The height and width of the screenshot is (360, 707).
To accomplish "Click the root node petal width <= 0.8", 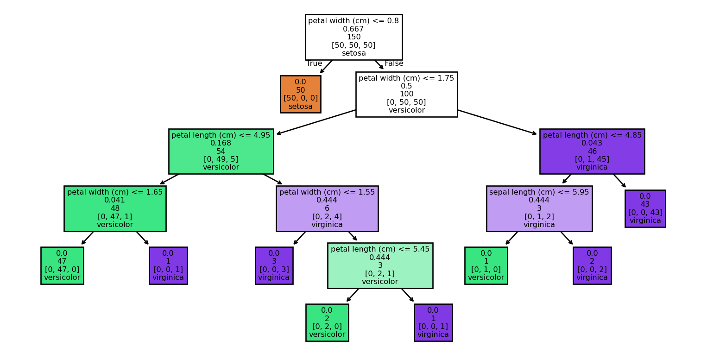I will [353, 37].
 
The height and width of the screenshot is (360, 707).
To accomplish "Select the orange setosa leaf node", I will [300, 94].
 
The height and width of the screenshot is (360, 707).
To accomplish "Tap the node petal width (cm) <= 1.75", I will [406, 94].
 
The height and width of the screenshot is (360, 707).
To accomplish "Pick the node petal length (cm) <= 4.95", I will [221, 151].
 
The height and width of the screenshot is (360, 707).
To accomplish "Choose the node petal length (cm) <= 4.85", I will [592, 151].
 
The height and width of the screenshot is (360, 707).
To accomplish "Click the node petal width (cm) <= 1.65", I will [115, 208].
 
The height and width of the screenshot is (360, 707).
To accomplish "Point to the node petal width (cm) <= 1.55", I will [327, 208].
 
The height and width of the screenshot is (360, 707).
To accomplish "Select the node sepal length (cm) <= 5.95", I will [539, 208].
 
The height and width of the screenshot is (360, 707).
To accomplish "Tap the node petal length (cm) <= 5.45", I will [380, 265].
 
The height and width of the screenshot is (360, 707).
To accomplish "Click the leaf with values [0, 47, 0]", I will [62, 265].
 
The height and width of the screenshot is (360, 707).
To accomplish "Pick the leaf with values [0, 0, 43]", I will [645, 208].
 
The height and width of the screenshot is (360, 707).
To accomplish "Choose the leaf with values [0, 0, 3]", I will [274, 265].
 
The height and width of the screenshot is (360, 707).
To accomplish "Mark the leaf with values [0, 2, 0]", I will [327, 322].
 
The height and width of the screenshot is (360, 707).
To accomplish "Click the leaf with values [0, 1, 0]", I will [486, 265].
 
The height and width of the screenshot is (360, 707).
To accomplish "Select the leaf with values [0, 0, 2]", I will [592, 265].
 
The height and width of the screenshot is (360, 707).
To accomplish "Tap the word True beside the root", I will [315, 63].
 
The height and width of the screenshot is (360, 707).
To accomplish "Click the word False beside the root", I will [394, 63].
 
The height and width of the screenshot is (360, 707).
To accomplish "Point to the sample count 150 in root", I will [353, 37].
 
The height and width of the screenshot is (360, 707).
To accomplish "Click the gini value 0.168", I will [221, 143].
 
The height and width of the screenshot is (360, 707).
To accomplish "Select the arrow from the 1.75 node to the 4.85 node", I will [498, 122].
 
